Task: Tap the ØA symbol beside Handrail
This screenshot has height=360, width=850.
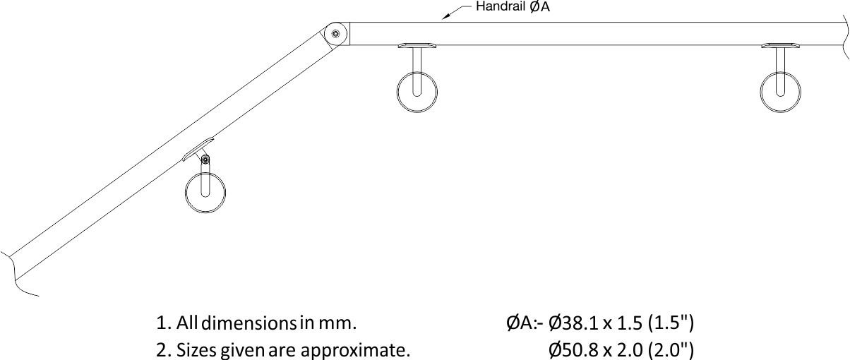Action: tap(539, 8)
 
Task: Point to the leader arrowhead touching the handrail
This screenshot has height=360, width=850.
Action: tap(445, 16)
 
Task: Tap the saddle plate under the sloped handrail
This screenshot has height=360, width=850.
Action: tap(197, 149)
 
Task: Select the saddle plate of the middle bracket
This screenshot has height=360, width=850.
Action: tap(417, 46)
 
